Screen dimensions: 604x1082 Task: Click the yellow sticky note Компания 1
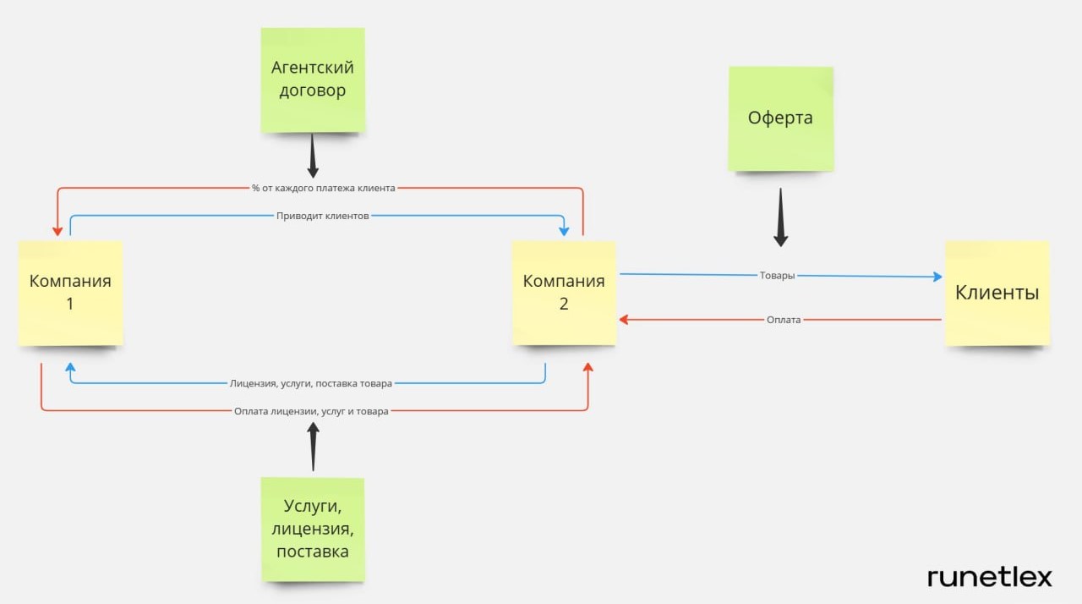pyautogui.click(x=71, y=292)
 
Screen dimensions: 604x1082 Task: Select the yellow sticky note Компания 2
pyautogui.click(x=564, y=292)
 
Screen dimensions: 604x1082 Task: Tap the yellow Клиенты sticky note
pyautogui.click(x=997, y=293)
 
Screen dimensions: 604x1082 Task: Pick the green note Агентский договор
pyautogui.click(x=313, y=80)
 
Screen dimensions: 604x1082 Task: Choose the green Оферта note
pyautogui.click(x=780, y=118)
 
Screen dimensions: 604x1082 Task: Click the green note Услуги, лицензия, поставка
pyautogui.click(x=313, y=529)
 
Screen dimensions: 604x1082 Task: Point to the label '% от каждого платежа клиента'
pyautogui.click(x=324, y=188)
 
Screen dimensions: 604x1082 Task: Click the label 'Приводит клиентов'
pyautogui.click(x=322, y=216)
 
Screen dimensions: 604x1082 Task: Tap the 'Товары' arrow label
pyautogui.click(x=778, y=276)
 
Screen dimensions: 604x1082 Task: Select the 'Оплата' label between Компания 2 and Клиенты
pyautogui.click(x=784, y=320)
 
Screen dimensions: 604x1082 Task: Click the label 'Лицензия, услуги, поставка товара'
pyautogui.click(x=311, y=383)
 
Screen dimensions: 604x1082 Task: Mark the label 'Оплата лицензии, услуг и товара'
pyautogui.click(x=311, y=411)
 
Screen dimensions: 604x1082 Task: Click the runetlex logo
pyautogui.click(x=989, y=577)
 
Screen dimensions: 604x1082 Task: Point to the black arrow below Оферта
pyautogui.click(x=780, y=217)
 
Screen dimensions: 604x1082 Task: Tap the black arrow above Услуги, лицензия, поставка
pyautogui.click(x=313, y=447)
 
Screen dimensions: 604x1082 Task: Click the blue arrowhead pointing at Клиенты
pyautogui.click(x=937, y=277)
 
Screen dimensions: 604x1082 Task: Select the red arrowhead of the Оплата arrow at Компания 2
pyautogui.click(x=624, y=320)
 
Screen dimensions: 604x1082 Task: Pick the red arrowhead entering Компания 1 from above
pyautogui.click(x=57, y=231)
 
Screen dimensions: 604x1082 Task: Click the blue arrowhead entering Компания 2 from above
pyautogui.click(x=564, y=230)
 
